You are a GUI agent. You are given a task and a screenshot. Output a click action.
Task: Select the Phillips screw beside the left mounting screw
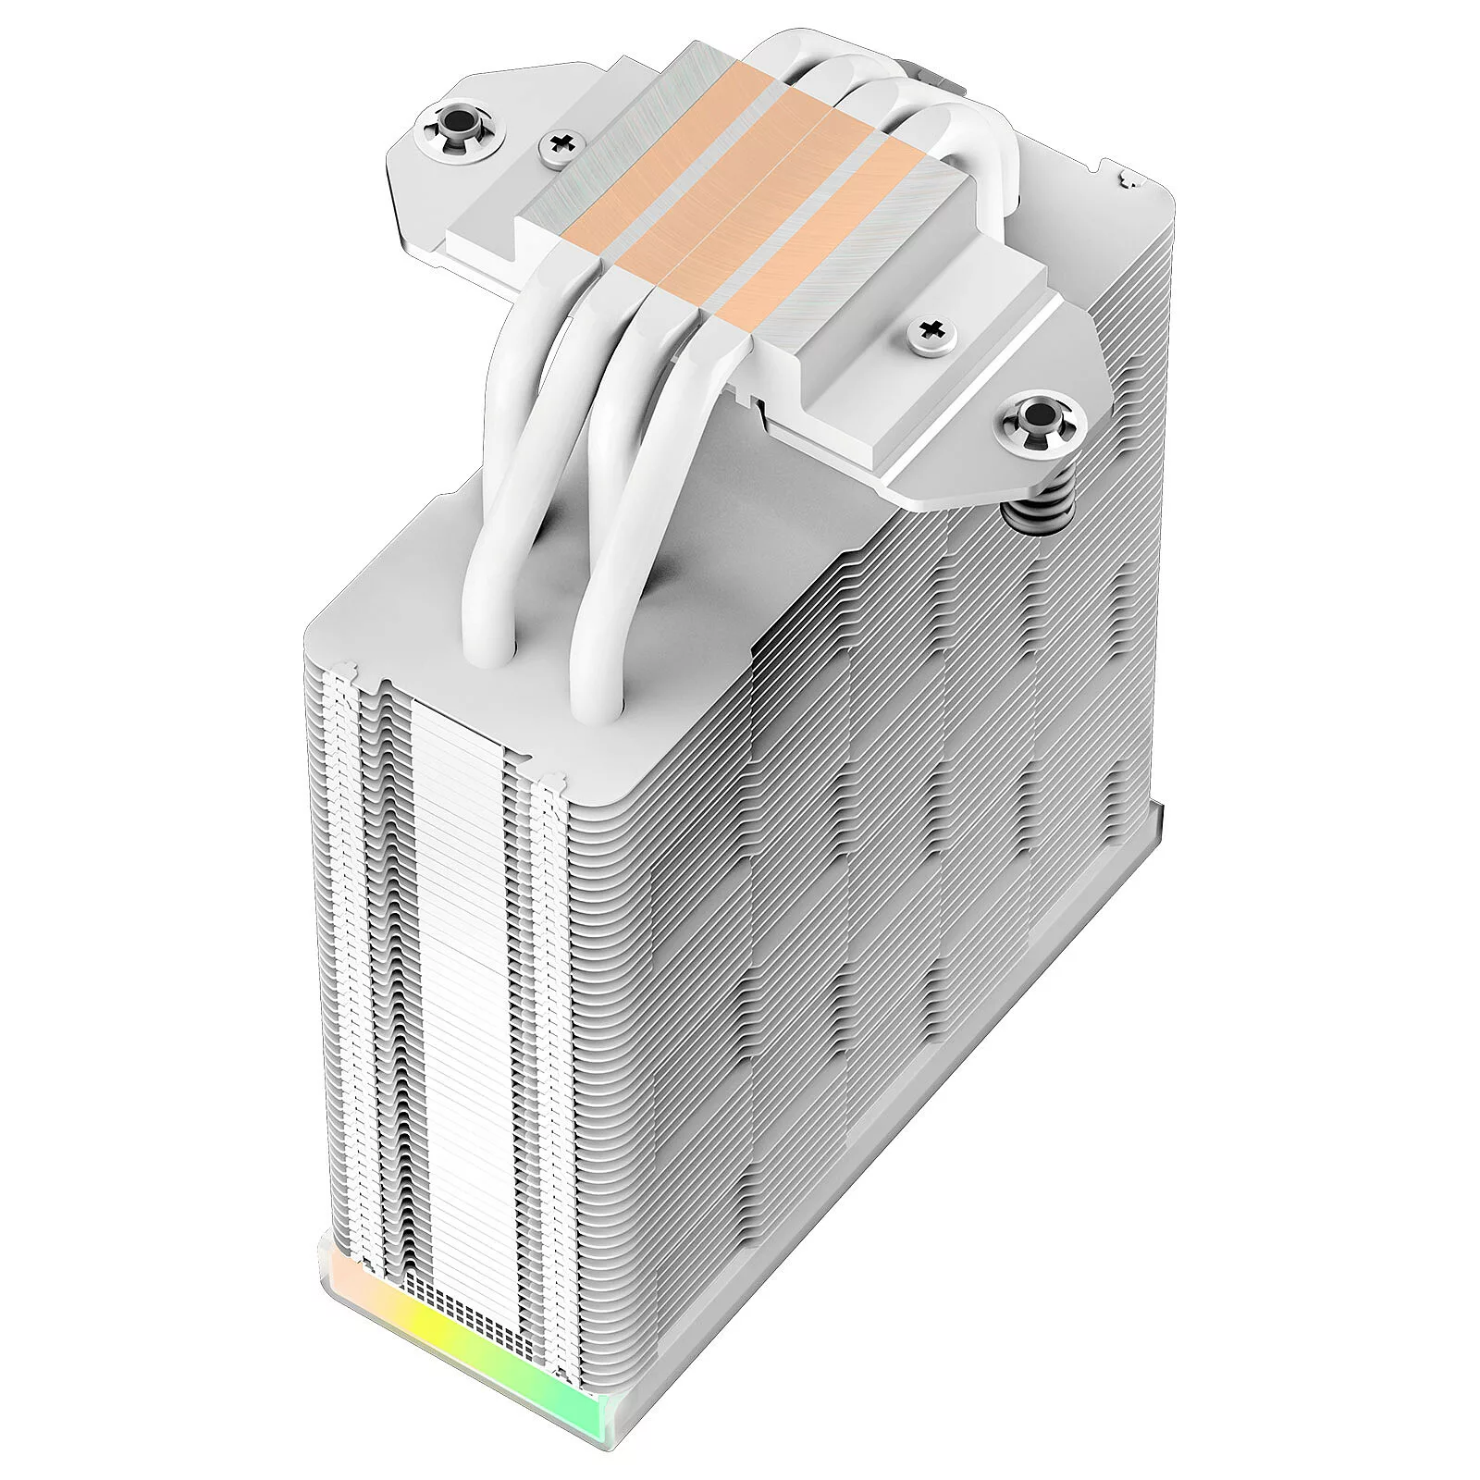click(x=561, y=143)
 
